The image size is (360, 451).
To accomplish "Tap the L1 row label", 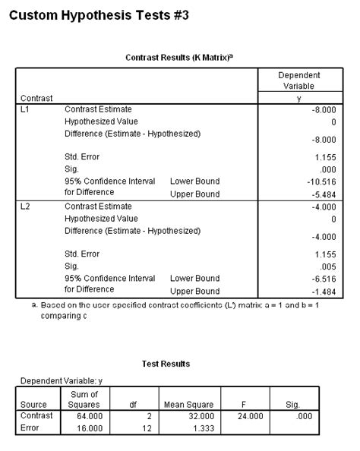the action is (x=24, y=109).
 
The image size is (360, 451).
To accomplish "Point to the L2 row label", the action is (x=24, y=206).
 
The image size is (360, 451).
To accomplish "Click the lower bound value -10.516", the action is (x=319, y=181).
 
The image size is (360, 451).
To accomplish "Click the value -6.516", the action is (x=321, y=278).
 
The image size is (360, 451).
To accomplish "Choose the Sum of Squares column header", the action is (x=84, y=399).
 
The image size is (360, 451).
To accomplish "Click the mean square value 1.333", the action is (x=202, y=428).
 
